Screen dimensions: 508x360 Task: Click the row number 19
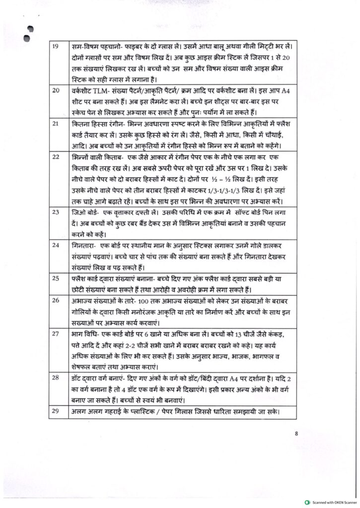click(56, 47)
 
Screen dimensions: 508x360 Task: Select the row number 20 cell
click(56, 90)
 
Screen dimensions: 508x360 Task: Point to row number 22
click(56, 155)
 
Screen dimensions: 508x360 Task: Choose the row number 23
click(56, 212)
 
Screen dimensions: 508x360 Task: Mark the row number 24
click(56, 245)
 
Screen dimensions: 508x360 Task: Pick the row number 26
click(56, 300)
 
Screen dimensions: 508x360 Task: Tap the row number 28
click(56, 379)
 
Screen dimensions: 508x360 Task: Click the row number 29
click(56, 412)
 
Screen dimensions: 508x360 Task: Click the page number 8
click(296, 433)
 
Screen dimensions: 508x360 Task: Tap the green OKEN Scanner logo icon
click(308, 502)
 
